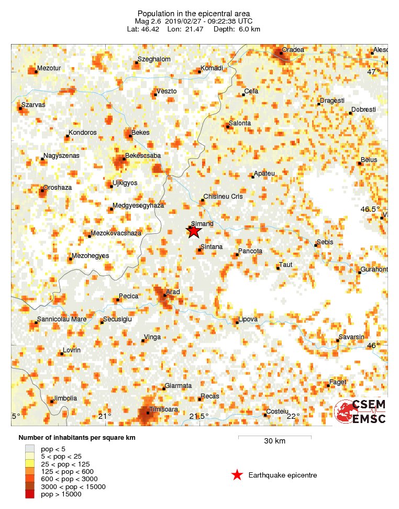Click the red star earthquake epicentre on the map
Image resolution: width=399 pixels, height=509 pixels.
pos(194,231)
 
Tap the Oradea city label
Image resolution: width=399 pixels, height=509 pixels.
pos(293,50)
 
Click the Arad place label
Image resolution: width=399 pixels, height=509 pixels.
pos(173,292)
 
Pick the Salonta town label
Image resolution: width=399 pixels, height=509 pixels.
pos(240,123)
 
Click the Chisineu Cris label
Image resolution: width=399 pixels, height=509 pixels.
pos(223,197)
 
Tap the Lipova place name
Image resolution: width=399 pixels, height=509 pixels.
pos(248,319)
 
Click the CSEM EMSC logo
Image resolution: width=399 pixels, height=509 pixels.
pos(360,411)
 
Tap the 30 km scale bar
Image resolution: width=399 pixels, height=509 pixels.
pos(274,437)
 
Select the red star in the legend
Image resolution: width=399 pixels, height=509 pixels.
pos(237,475)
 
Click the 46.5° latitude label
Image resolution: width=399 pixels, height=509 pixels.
pos(371,209)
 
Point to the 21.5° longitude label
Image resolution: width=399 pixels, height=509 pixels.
pos(198,416)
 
